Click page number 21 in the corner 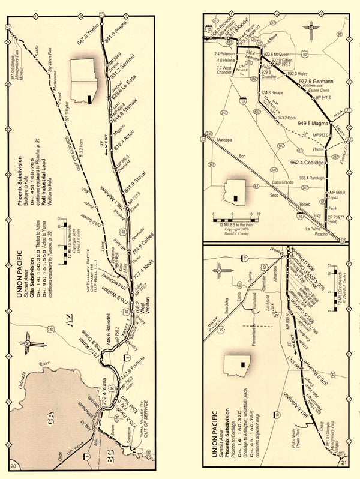click(344, 463)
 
